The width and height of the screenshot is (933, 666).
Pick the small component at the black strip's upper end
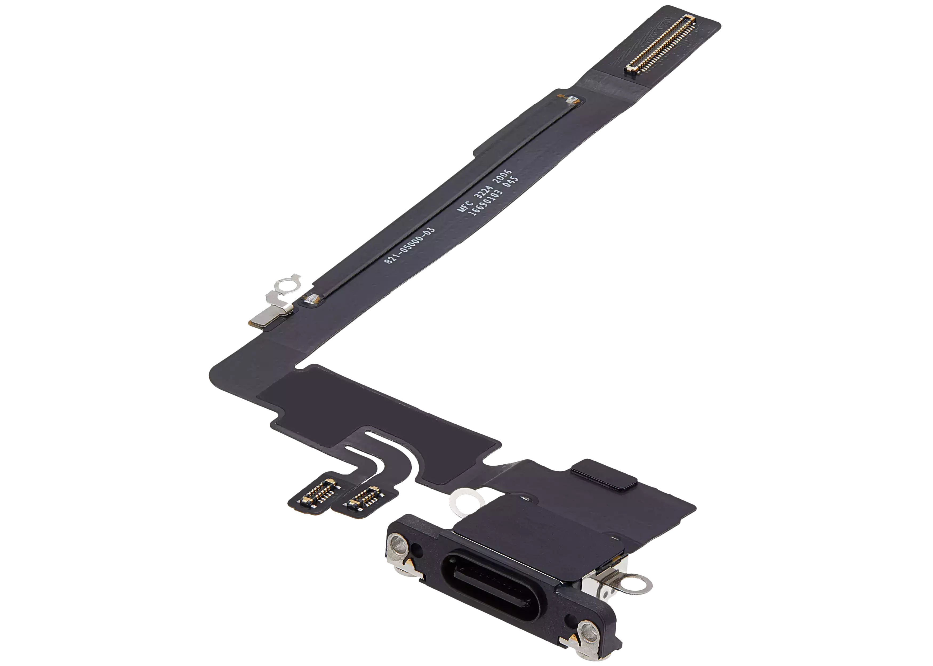pos(569,100)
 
